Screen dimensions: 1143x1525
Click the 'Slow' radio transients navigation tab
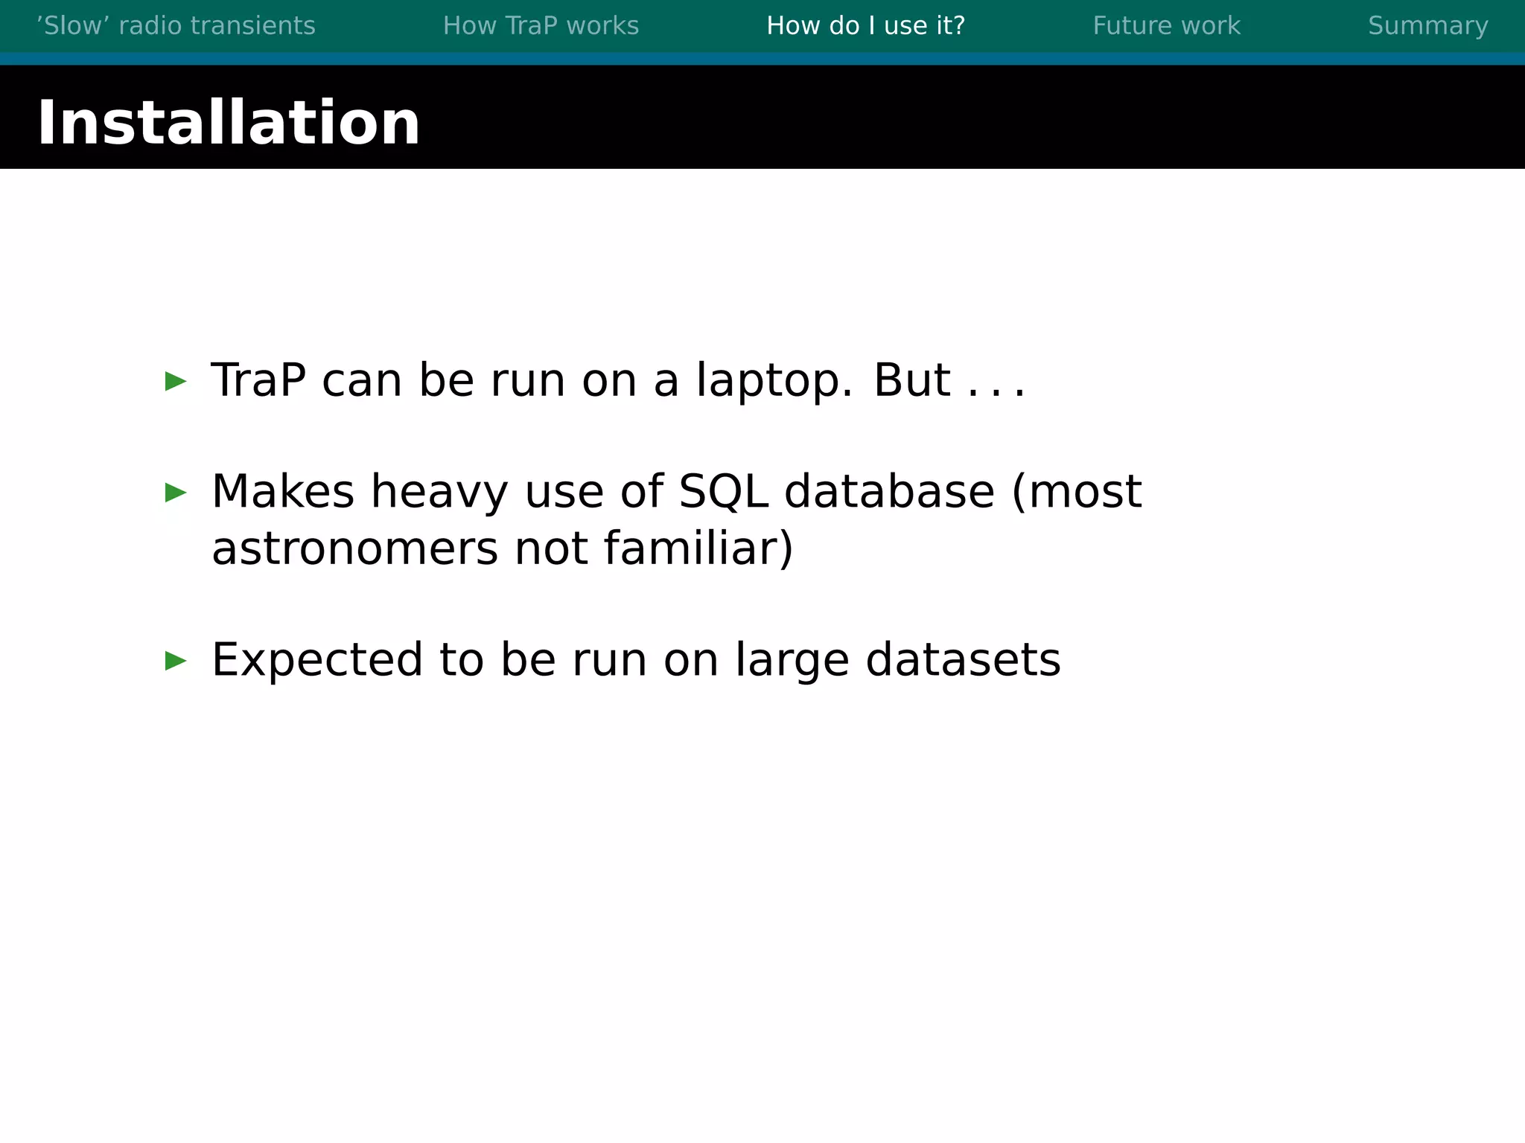tap(176, 25)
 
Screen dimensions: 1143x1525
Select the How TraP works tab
tap(541, 25)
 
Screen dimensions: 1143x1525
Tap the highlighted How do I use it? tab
tap(865, 25)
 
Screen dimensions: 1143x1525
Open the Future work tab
tap(1166, 25)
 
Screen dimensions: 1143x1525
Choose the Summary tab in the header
tap(1427, 25)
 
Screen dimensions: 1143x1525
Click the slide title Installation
tap(228, 122)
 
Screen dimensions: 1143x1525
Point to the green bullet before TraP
tap(176, 381)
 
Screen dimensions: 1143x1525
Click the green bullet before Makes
tap(176, 492)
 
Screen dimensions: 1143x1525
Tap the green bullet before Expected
tap(176, 660)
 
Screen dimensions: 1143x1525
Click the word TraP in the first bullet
tap(258, 380)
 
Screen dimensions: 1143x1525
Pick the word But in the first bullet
tap(911, 380)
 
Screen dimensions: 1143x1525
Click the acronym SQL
tap(723, 492)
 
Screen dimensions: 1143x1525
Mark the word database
tap(889, 492)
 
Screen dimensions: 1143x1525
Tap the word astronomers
tap(354, 549)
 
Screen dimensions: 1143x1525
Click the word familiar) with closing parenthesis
tap(698, 548)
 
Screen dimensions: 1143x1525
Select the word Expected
tap(317, 661)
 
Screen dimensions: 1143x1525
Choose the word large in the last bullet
tap(792, 661)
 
